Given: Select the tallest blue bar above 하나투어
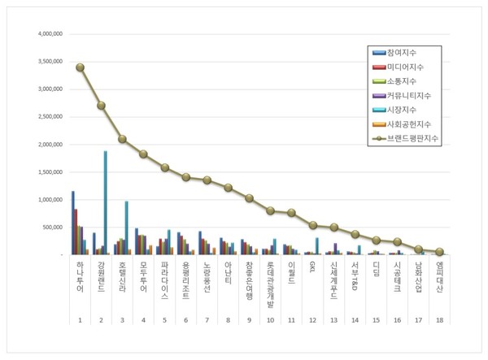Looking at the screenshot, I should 72,223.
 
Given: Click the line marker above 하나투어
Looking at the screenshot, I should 80,67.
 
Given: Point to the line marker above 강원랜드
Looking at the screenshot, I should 101,105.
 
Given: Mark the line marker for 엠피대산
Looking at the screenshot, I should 439,252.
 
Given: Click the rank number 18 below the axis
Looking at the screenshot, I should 439,322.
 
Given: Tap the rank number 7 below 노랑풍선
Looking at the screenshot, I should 207,322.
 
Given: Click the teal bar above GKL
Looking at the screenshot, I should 316,246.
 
